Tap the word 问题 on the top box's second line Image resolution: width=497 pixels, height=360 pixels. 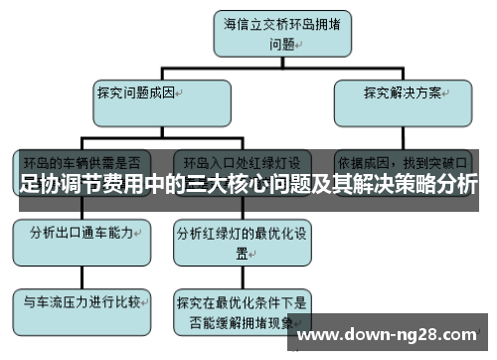tap(282, 44)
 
